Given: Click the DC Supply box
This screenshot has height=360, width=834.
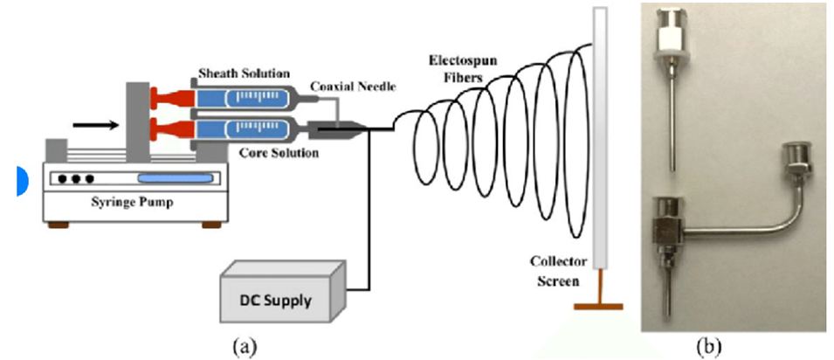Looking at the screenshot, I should pyautogui.click(x=285, y=296).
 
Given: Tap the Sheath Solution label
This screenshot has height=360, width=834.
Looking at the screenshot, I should pyautogui.click(x=233, y=71).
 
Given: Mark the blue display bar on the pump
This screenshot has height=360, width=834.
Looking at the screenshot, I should pyautogui.click(x=175, y=178).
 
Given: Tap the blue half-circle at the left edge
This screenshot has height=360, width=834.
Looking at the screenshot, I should pyautogui.click(x=21, y=179).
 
